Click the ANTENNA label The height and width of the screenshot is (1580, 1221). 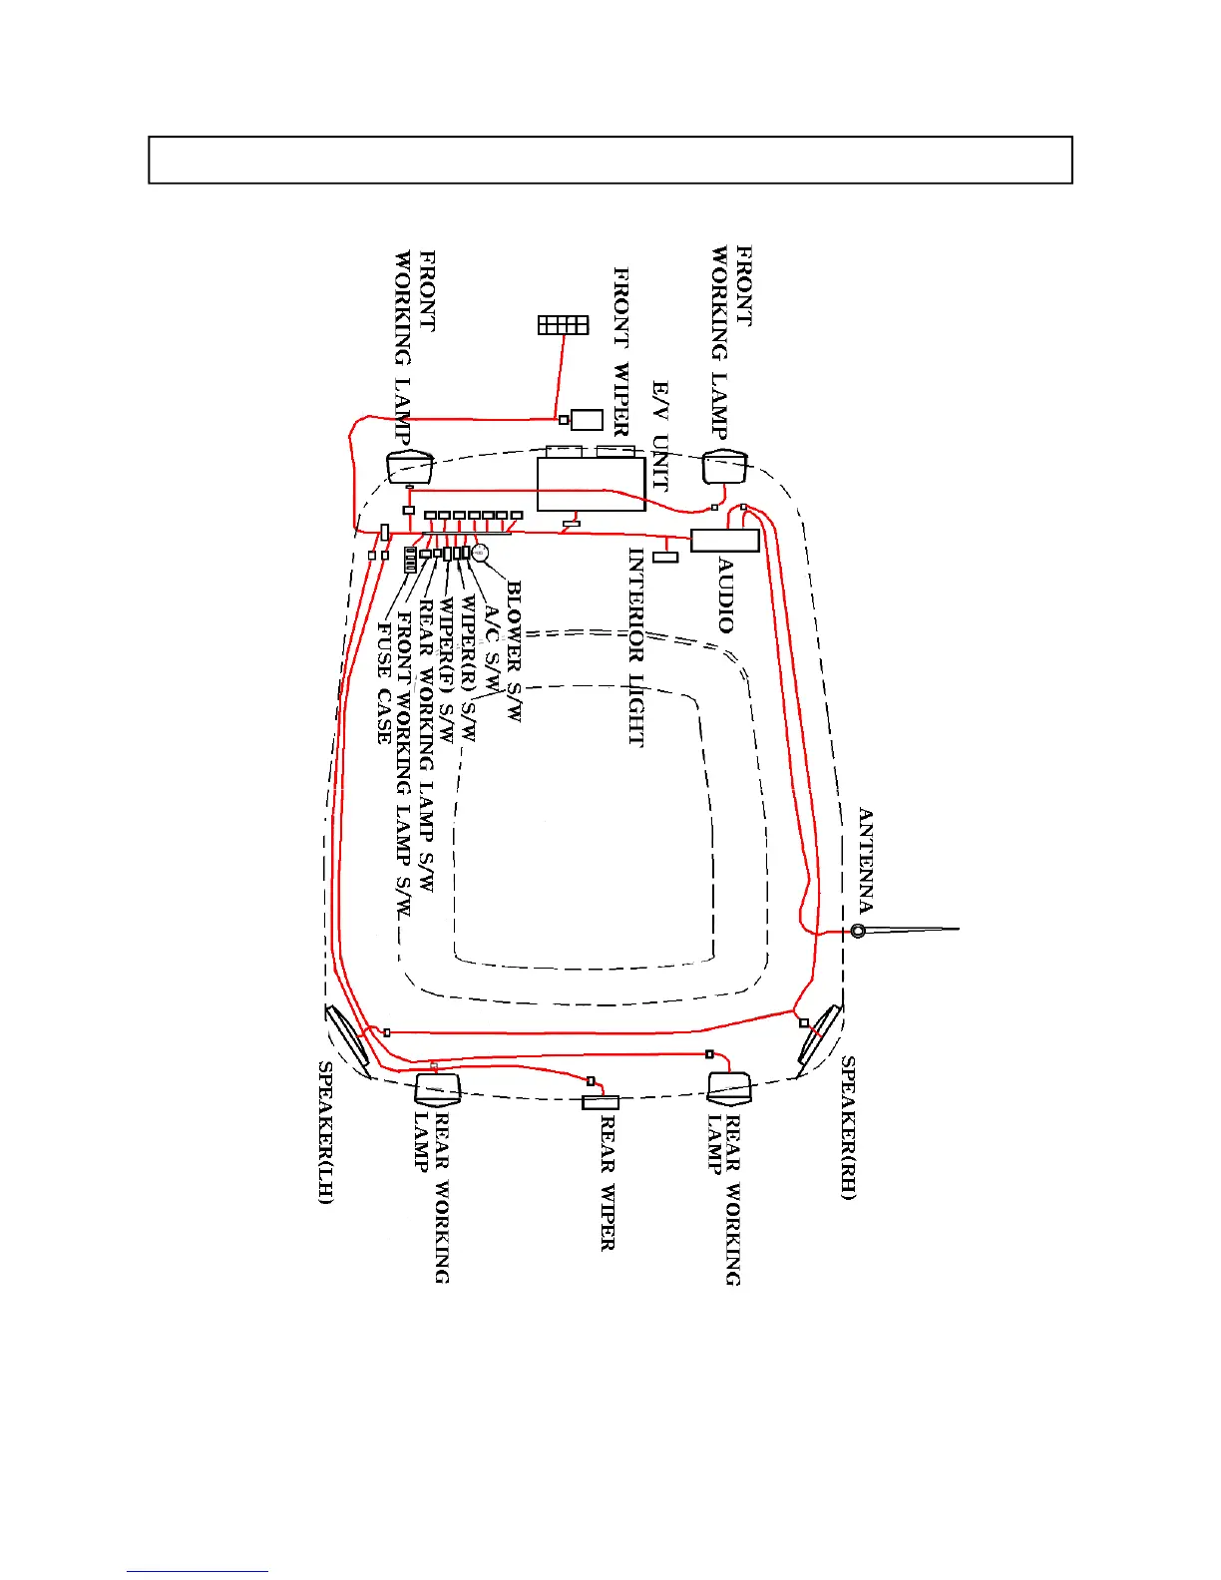coord(865,861)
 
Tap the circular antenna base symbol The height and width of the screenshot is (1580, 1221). coord(858,931)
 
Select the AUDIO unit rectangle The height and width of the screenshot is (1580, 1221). coord(725,541)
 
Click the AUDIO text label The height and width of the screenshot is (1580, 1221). coord(726,595)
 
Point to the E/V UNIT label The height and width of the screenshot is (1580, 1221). coord(659,436)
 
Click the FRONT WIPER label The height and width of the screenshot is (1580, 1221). coord(620,352)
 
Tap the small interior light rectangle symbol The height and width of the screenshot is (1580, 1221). coord(665,557)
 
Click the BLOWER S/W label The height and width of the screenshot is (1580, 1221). coord(514,651)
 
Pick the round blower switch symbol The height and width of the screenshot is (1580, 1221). coord(480,552)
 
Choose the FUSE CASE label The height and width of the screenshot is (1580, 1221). coord(384,683)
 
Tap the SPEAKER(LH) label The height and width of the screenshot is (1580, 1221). coord(325,1132)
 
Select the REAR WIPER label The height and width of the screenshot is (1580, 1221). coord(608,1183)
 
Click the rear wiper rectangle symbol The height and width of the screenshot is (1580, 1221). coord(601,1102)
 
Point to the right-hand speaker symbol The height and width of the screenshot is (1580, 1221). coord(820,1034)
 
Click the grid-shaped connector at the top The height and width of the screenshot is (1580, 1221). coord(564,325)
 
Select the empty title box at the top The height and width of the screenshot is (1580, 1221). coord(610,160)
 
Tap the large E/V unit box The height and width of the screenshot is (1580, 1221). coord(591,485)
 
